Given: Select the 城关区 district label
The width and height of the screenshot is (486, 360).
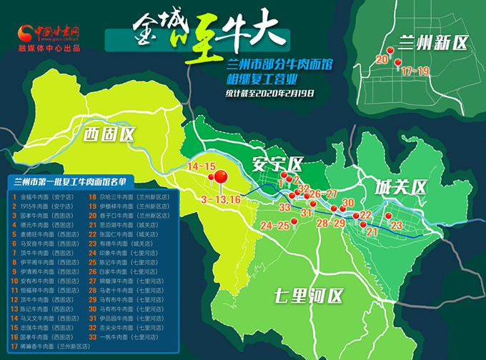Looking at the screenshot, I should (x=400, y=187).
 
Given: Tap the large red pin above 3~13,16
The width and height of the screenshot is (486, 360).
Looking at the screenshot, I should (x=221, y=176).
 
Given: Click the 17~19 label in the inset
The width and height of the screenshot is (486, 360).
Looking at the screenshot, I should (x=415, y=71).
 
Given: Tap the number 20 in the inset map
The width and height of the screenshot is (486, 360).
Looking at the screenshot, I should (x=382, y=59).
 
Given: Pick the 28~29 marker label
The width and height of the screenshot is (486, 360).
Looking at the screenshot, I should (x=331, y=224).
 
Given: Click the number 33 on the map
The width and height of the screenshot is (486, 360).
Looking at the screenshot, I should (x=284, y=206).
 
